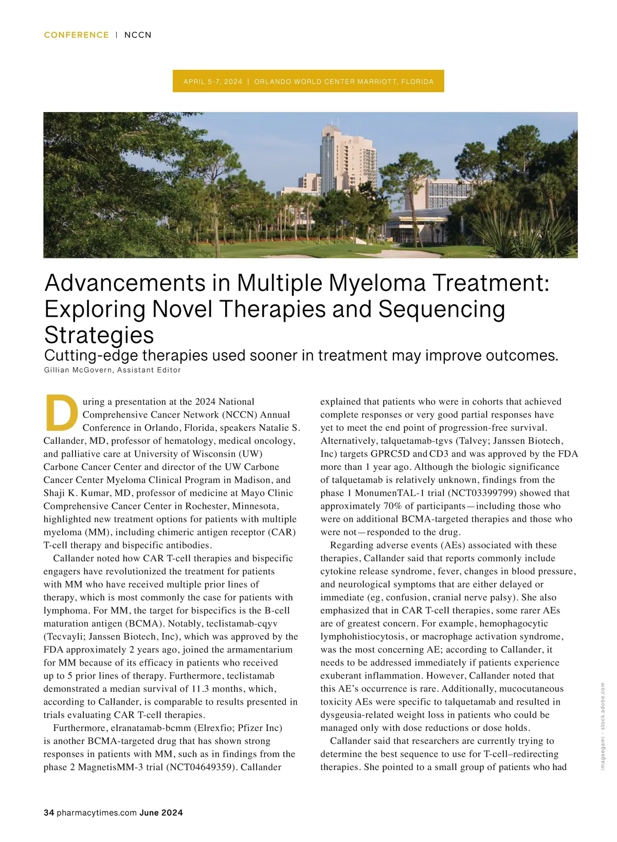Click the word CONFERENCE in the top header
pyautogui.click(x=76, y=35)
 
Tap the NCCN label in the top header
pyautogui.click(x=138, y=35)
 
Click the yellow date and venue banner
pyautogui.click(x=308, y=81)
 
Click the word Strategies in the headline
pyautogui.click(x=99, y=335)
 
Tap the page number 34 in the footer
pyautogui.click(x=49, y=813)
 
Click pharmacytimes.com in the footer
pyautogui.click(x=97, y=813)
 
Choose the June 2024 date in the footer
pyautogui.click(x=161, y=813)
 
